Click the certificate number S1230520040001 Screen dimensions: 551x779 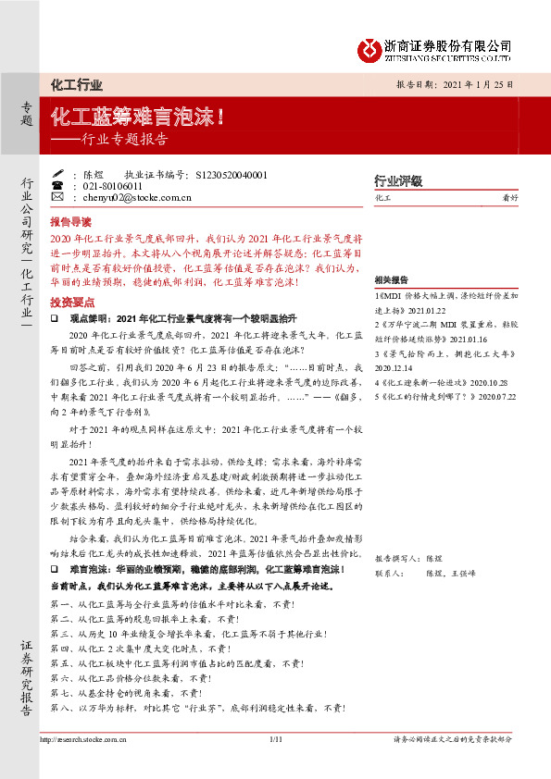[x=232, y=173]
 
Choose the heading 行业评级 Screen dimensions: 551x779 [x=397, y=180]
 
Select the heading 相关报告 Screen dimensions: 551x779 [x=392, y=279]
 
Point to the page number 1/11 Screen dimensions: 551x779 [x=275, y=739]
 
